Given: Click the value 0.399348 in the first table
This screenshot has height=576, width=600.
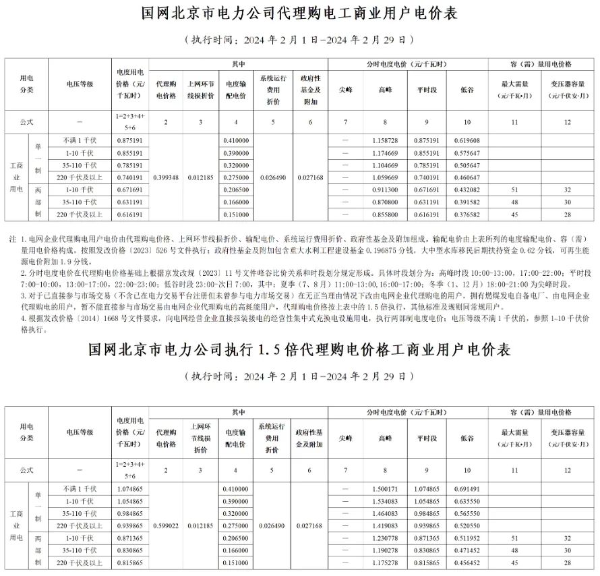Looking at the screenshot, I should pyautogui.click(x=167, y=177).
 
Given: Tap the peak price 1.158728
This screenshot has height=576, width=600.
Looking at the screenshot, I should pyautogui.click(x=385, y=140).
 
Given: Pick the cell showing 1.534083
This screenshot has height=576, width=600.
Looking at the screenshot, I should pyautogui.click(x=385, y=500).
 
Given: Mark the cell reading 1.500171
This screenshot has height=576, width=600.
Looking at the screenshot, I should pyautogui.click(x=385, y=488).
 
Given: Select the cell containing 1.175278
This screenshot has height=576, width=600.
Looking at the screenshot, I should pyautogui.click(x=385, y=562).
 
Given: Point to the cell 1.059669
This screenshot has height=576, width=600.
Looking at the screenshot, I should pyautogui.click(x=385, y=177).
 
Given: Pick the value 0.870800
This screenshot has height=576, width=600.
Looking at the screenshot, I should pyautogui.click(x=385, y=202).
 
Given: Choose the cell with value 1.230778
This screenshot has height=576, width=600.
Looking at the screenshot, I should pyautogui.click(x=385, y=538).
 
